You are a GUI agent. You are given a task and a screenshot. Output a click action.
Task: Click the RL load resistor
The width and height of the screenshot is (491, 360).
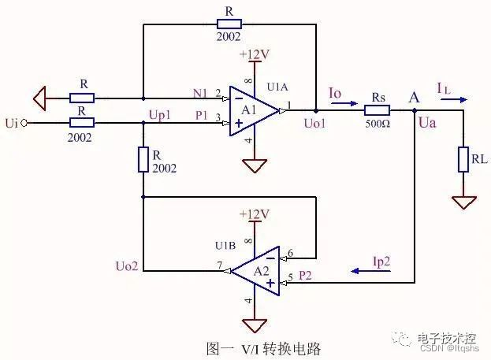pos(463,160)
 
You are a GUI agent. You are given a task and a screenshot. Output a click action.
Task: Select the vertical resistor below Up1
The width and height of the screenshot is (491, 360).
pos(143,159)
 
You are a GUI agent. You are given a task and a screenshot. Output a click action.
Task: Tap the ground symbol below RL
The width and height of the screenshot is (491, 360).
pos(463,202)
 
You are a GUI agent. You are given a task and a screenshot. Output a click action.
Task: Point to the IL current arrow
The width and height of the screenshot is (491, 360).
pos(456,100)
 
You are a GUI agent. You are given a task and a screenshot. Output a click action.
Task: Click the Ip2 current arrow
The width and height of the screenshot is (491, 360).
pos(367,270)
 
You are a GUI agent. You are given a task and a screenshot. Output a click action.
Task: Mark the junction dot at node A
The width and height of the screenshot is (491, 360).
pos(415,111)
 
